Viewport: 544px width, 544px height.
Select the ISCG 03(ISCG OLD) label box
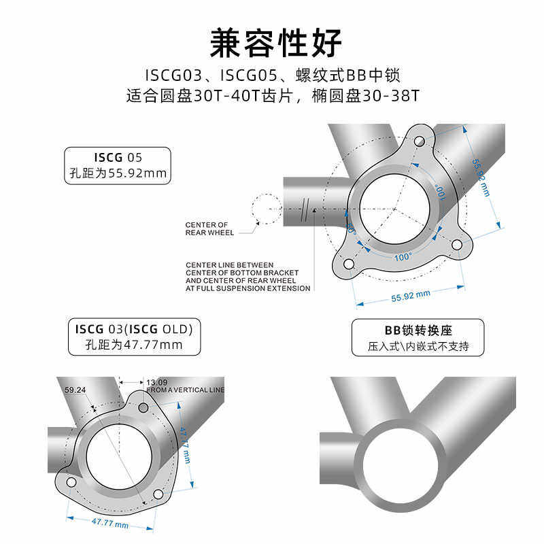point(134,337)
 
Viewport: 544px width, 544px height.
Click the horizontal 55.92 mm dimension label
point(411,295)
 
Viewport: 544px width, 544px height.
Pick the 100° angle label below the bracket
point(403,257)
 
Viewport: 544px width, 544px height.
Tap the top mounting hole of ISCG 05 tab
point(419,141)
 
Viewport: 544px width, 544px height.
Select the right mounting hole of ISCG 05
point(456,243)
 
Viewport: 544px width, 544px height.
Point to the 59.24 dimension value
point(75,390)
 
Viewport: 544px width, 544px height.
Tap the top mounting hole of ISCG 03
point(143,407)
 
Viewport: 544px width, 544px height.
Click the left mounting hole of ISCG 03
point(71,482)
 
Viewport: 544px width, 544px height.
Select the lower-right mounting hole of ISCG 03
point(158,494)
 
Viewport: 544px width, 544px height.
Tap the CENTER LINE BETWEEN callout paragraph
point(248,277)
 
